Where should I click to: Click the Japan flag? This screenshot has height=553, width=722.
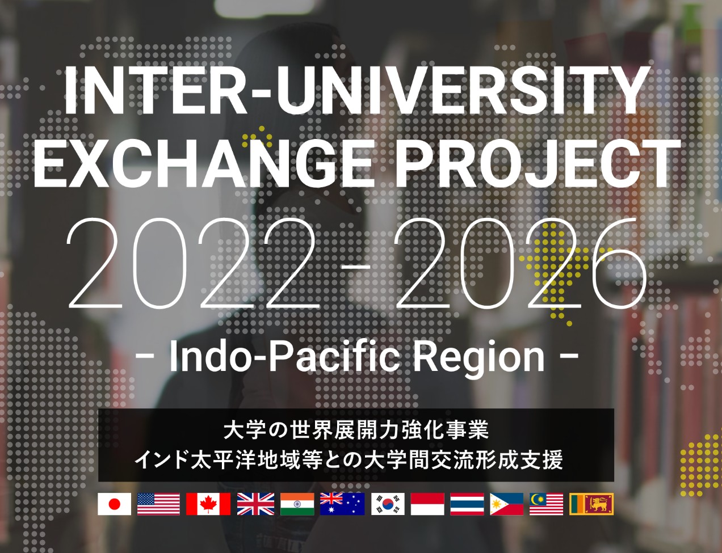(x=114, y=504)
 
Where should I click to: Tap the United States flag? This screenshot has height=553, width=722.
(x=158, y=504)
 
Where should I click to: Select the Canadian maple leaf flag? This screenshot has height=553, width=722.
(x=208, y=504)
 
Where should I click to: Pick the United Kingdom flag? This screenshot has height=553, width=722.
(x=255, y=504)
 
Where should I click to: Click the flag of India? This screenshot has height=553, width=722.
(x=297, y=504)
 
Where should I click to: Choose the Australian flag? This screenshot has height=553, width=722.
(x=342, y=504)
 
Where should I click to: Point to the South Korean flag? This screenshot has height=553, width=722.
(x=388, y=504)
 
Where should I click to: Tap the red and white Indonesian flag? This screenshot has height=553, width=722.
(x=427, y=504)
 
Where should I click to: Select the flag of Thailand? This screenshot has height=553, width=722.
(x=467, y=504)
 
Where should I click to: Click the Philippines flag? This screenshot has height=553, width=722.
(x=507, y=504)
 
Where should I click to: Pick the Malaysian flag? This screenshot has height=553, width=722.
(x=546, y=504)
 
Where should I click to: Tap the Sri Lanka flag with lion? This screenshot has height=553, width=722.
(x=591, y=504)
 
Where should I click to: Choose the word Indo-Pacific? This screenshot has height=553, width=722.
(x=284, y=356)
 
